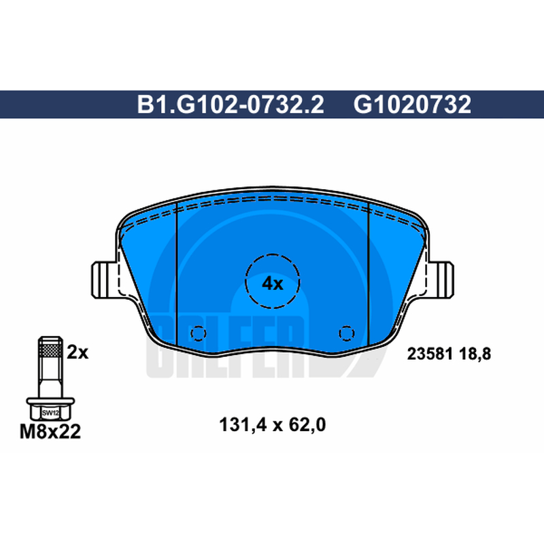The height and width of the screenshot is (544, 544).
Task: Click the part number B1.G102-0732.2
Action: pos(231,105)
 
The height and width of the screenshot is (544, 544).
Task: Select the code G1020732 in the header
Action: pos(412,105)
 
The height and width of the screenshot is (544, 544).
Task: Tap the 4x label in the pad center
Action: pos(273,284)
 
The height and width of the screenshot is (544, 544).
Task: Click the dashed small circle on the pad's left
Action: pos(199,333)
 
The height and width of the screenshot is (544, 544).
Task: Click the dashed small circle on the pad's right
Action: pos(347,333)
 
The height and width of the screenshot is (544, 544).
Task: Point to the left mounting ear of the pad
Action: pos(104,279)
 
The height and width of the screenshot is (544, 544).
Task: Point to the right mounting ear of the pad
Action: pos(441,279)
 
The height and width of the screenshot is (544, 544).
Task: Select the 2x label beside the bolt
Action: pos(78,352)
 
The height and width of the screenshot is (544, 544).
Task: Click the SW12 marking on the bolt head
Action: pos(50,413)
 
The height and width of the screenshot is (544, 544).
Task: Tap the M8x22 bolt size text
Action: pos(50,432)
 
